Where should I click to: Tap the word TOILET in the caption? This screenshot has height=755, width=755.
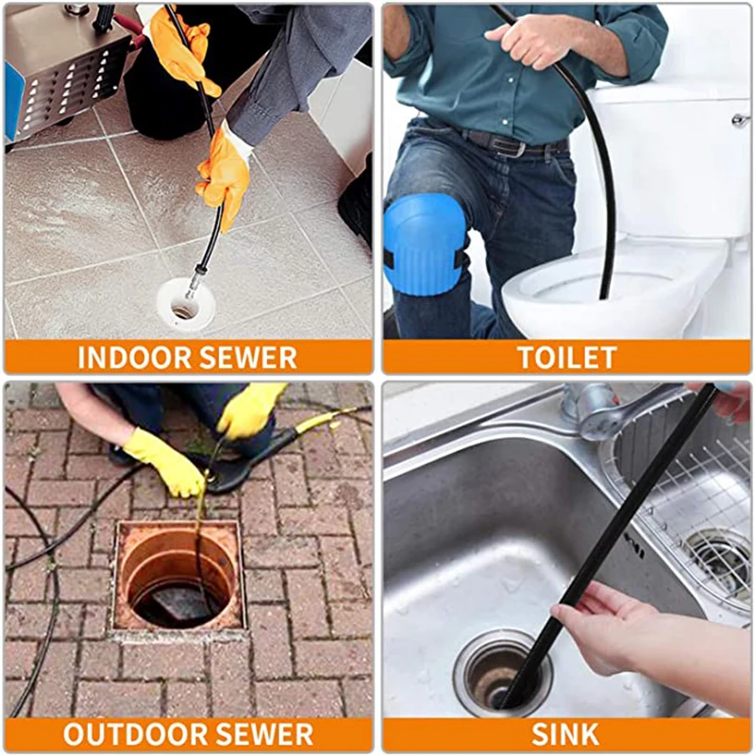(x=566, y=358)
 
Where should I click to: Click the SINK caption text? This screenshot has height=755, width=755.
(x=566, y=734)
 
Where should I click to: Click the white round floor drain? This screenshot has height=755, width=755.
(x=185, y=304)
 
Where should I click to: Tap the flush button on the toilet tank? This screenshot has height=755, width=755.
(x=740, y=121)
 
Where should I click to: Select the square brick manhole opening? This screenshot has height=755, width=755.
(x=178, y=576)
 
